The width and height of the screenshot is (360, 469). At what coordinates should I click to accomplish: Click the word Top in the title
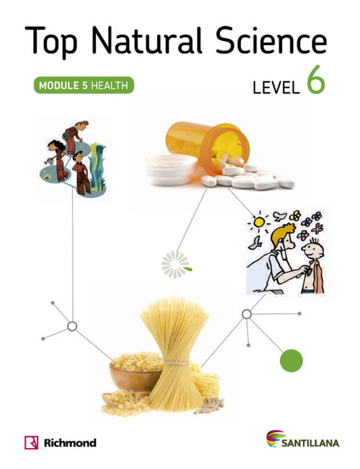tap(51, 41)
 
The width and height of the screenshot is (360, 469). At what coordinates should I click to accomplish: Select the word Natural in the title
tap(147, 40)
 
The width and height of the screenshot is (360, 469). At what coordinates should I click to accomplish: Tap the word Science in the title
tap(271, 40)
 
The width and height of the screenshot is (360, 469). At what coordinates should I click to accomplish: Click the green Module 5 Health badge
tap(84, 86)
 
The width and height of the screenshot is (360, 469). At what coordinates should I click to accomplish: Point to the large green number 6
tap(315, 79)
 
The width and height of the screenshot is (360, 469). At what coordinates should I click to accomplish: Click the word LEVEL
tap(276, 88)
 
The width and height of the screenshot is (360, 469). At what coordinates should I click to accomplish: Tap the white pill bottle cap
tap(171, 169)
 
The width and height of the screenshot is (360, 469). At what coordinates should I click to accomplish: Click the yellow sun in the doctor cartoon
tap(258, 222)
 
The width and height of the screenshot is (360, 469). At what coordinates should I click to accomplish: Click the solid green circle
tap(292, 360)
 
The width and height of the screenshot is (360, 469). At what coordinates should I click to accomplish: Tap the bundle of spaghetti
tap(176, 353)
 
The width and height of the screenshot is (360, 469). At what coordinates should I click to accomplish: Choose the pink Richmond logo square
tap(31, 442)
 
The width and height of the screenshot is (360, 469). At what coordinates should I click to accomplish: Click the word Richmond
tap(70, 442)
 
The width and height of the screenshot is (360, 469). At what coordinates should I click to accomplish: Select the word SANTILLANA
tap(310, 443)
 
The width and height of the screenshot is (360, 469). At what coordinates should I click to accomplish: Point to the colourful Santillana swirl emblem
tap(275, 438)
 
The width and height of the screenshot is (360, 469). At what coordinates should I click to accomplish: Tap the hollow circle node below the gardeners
tap(72, 327)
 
